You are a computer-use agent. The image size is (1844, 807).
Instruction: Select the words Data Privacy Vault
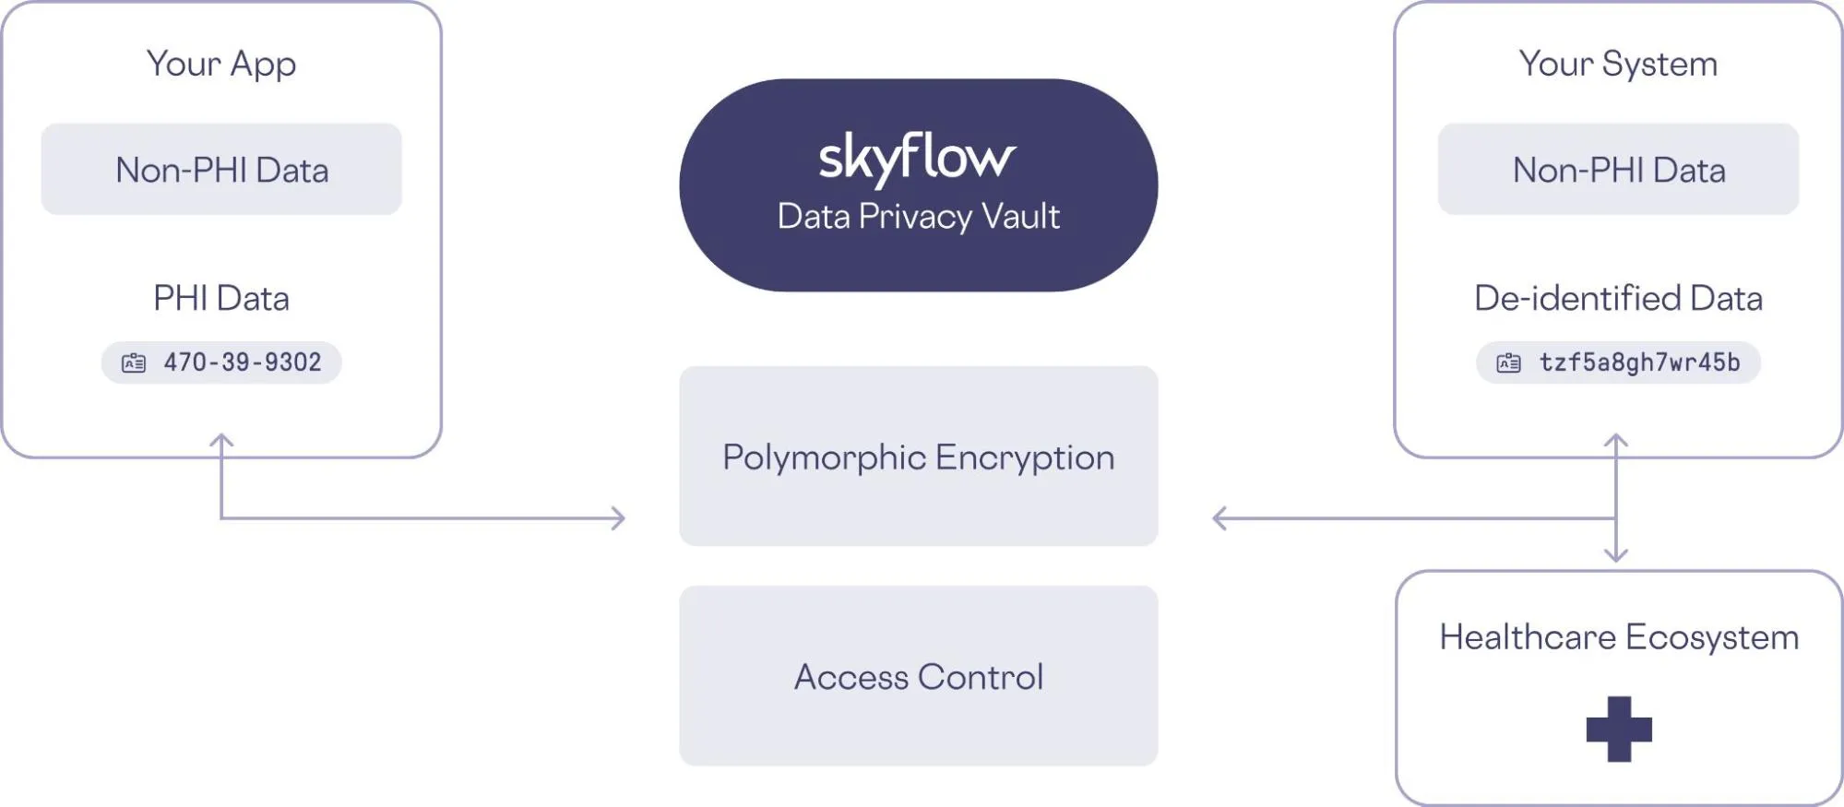click(918, 217)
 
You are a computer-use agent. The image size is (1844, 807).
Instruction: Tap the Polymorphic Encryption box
click(918, 457)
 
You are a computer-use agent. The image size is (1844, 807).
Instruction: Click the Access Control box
click(918, 676)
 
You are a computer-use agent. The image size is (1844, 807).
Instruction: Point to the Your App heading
click(221, 64)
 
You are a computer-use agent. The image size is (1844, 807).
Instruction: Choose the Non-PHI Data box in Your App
click(221, 170)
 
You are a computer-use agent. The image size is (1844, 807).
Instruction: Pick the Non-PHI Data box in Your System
click(1618, 170)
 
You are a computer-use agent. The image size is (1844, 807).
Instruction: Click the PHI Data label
click(221, 298)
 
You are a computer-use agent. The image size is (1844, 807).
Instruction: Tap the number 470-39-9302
click(243, 362)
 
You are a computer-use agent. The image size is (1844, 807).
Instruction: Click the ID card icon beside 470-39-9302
click(134, 363)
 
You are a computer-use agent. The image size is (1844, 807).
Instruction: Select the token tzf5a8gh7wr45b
click(1639, 362)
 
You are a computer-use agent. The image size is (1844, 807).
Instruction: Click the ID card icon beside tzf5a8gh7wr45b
click(1508, 363)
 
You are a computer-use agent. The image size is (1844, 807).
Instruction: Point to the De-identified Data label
click(1618, 298)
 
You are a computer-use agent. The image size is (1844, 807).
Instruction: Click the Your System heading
click(1618, 64)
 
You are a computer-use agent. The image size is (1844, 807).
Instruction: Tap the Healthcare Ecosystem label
click(1619, 637)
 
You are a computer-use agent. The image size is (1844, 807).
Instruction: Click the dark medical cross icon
click(1619, 729)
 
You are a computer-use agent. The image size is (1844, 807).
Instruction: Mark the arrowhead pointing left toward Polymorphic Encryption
click(1219, 518)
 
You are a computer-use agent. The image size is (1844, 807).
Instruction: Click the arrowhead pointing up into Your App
click(221, 440)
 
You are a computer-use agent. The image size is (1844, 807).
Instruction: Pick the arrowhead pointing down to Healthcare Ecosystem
click(1615, 555)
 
